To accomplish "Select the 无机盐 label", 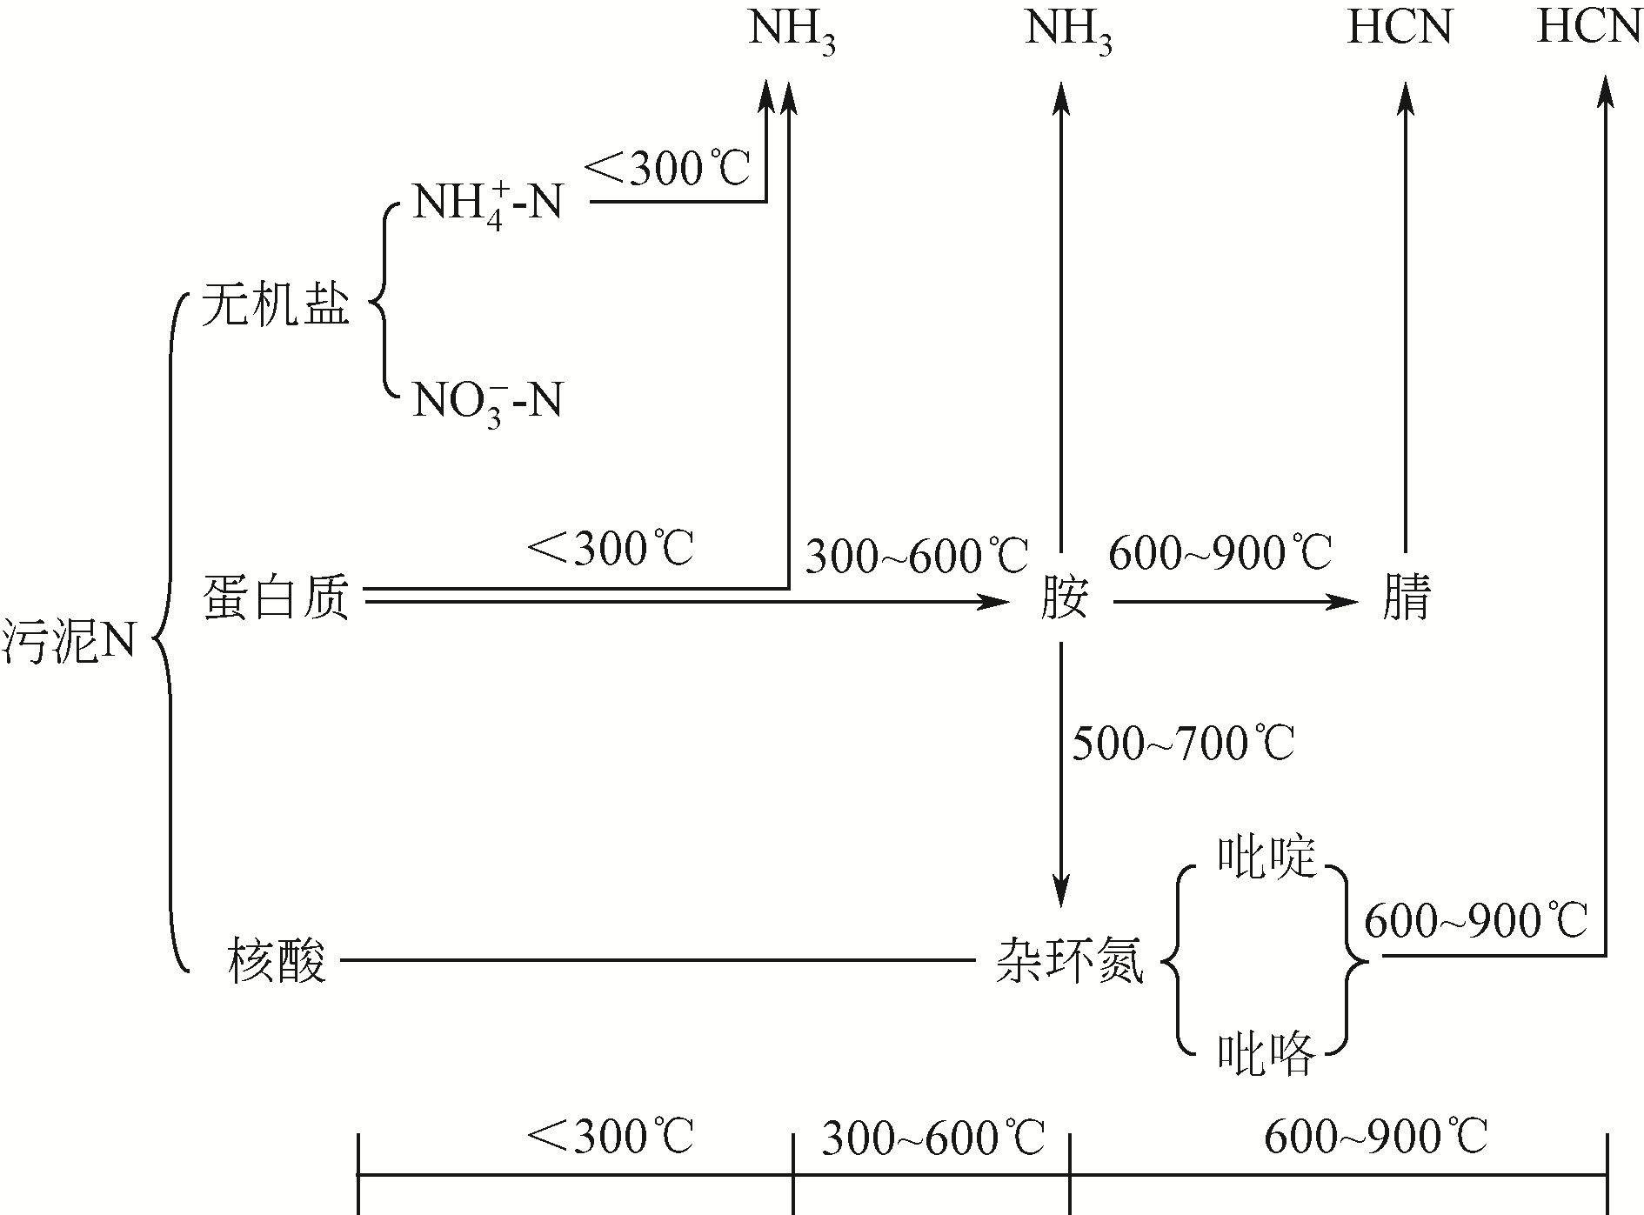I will point(275,305).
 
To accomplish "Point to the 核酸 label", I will point(277,961).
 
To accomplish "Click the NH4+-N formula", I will point(487,205).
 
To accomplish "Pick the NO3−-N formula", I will point(487,403).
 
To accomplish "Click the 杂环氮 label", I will point(1069,961).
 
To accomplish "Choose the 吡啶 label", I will point(1266,858).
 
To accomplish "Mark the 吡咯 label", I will point(1266,1055).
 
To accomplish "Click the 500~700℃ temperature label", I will point(1183,744).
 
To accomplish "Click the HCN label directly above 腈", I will point(1400,28).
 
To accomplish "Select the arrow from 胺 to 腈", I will point(1235,601).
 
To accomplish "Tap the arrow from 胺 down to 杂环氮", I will point(1061,774).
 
